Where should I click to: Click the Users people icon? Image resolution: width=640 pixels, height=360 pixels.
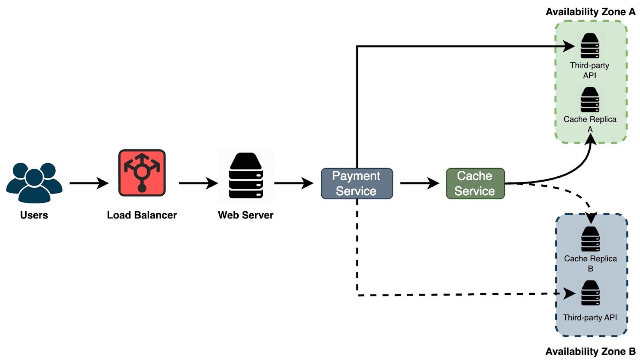tap(34, 182)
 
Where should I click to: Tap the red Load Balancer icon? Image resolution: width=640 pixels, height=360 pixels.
tap(142, 173)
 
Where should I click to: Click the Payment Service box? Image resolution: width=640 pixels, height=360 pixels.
tap(357, 184)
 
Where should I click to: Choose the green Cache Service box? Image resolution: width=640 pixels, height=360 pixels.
tap(475, 184)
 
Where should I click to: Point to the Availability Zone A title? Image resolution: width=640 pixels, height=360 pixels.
tap(590, 12)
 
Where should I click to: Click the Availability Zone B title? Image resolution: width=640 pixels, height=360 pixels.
tap(590, 351)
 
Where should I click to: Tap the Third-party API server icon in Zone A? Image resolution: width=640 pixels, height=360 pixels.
tap(590, 46)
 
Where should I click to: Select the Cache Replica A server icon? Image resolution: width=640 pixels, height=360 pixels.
tap(590, 100)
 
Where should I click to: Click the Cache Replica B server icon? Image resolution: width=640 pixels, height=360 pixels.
tap(590, 239)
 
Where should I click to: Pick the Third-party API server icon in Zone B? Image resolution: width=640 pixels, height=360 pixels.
tap(590, 293)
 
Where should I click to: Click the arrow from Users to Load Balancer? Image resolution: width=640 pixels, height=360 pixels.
tap(89, 183)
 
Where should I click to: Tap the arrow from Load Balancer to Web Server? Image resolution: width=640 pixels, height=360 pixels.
tap(198, 183)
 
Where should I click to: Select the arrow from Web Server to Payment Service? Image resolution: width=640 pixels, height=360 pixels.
tap(294, 183)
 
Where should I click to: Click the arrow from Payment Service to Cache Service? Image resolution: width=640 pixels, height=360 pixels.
tap(419, 183)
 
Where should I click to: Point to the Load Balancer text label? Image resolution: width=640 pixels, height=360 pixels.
tap(142, 215)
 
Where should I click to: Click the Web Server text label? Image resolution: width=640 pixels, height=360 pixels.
tap(246, 215)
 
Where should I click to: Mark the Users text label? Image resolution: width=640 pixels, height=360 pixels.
tap(34, 215)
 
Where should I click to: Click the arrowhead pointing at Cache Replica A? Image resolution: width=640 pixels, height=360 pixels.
tap(591, 139)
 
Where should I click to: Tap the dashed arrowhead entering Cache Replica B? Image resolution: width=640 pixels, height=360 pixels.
tap(591, 218)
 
